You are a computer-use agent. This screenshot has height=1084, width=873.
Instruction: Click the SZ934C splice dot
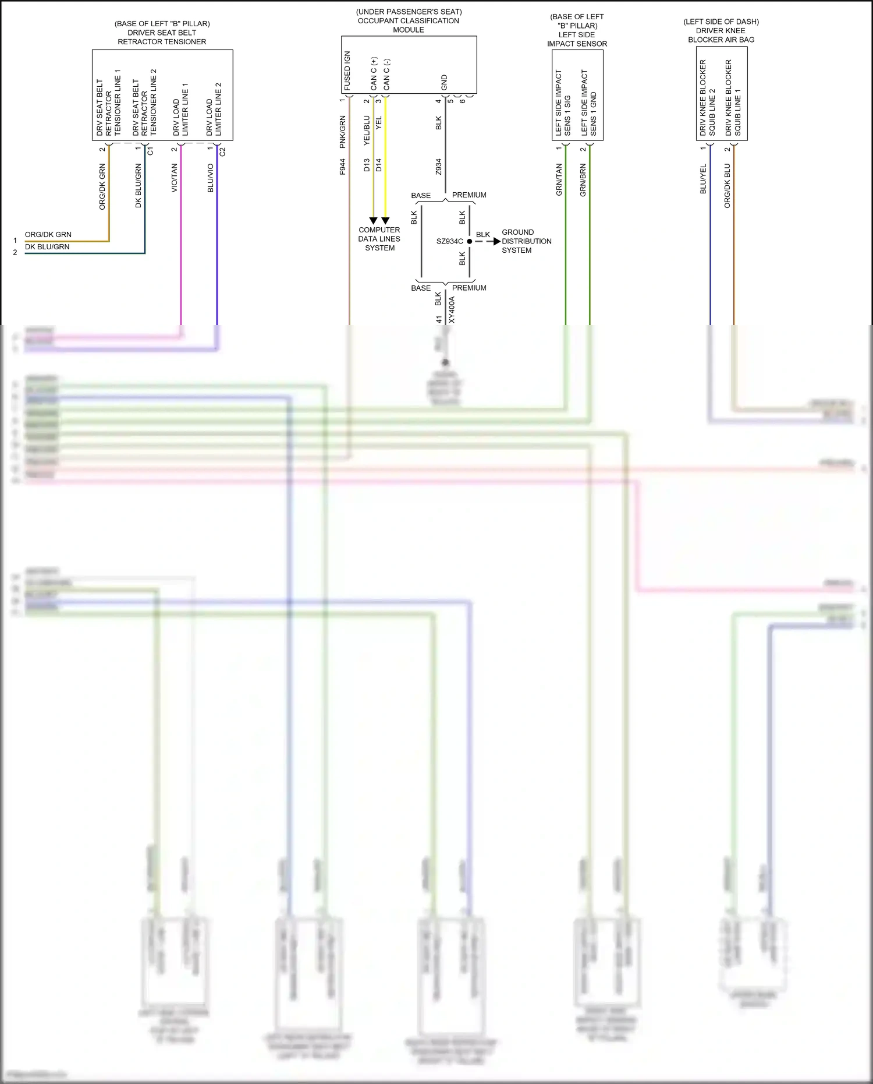(470, 241)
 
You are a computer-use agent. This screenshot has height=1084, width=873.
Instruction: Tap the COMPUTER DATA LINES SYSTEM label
(379, 239)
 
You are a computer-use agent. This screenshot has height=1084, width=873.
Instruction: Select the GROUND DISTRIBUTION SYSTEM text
(526, 241)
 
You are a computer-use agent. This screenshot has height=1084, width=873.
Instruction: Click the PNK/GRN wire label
(343, 132)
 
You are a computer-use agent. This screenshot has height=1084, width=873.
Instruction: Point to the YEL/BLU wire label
(367, 130)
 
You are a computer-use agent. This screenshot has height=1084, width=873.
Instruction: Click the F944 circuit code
(343, 167)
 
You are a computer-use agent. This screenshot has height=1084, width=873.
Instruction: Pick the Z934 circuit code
(439, 167)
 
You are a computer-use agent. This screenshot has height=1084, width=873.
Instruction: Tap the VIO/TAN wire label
(175, 178)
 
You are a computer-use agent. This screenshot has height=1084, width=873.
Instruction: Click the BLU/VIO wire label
(211, 178)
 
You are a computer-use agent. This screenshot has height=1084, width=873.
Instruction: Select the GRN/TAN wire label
(559, 179)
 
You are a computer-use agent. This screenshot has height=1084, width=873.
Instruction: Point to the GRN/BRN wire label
(583, 179)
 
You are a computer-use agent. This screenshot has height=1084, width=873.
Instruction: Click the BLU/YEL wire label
(704, 179)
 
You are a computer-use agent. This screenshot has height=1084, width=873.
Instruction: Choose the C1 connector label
(151, 151)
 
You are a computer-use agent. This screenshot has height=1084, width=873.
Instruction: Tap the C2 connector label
(223, 151)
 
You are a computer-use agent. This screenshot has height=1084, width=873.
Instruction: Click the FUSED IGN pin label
(347, 70)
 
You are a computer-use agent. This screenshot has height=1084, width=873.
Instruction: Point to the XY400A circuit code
(452, 310)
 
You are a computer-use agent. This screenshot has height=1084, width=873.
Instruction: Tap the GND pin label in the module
(445, 82)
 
